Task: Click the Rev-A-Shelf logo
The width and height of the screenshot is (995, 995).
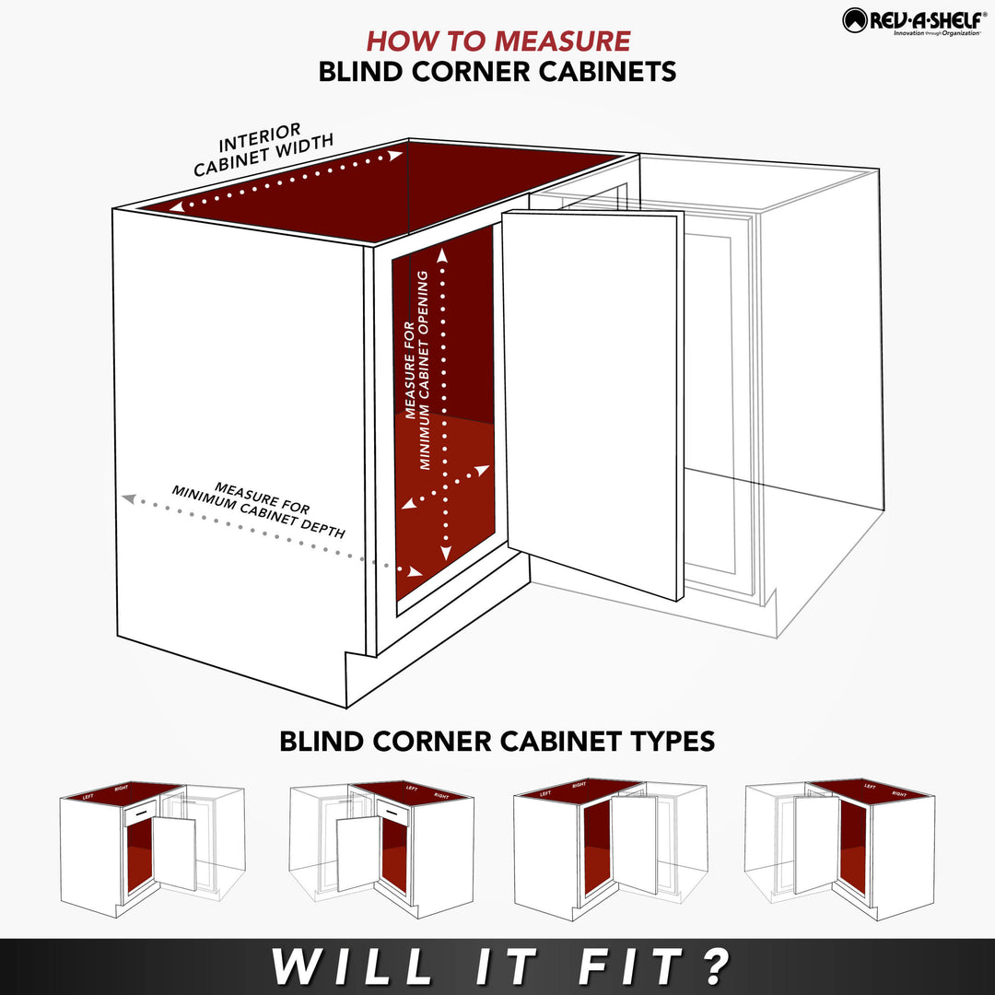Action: (911, 21)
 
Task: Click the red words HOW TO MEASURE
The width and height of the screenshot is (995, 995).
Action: (498, 41)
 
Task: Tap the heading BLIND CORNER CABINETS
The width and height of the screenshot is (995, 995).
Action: (497, 72)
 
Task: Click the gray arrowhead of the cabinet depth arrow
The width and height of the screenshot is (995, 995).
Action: (128, 498)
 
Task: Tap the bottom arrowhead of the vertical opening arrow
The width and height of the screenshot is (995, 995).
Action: (446, 554)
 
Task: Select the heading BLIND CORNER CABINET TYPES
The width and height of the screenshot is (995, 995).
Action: (497, 741)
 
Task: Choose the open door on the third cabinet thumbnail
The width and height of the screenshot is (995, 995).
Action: (635, 843)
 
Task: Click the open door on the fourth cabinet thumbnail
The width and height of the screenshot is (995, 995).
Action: (814, 843)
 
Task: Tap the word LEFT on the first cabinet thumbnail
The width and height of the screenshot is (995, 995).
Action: (88, 796)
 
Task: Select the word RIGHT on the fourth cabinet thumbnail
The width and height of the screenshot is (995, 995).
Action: (899, 793)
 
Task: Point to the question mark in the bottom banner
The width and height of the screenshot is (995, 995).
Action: (715, 966)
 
